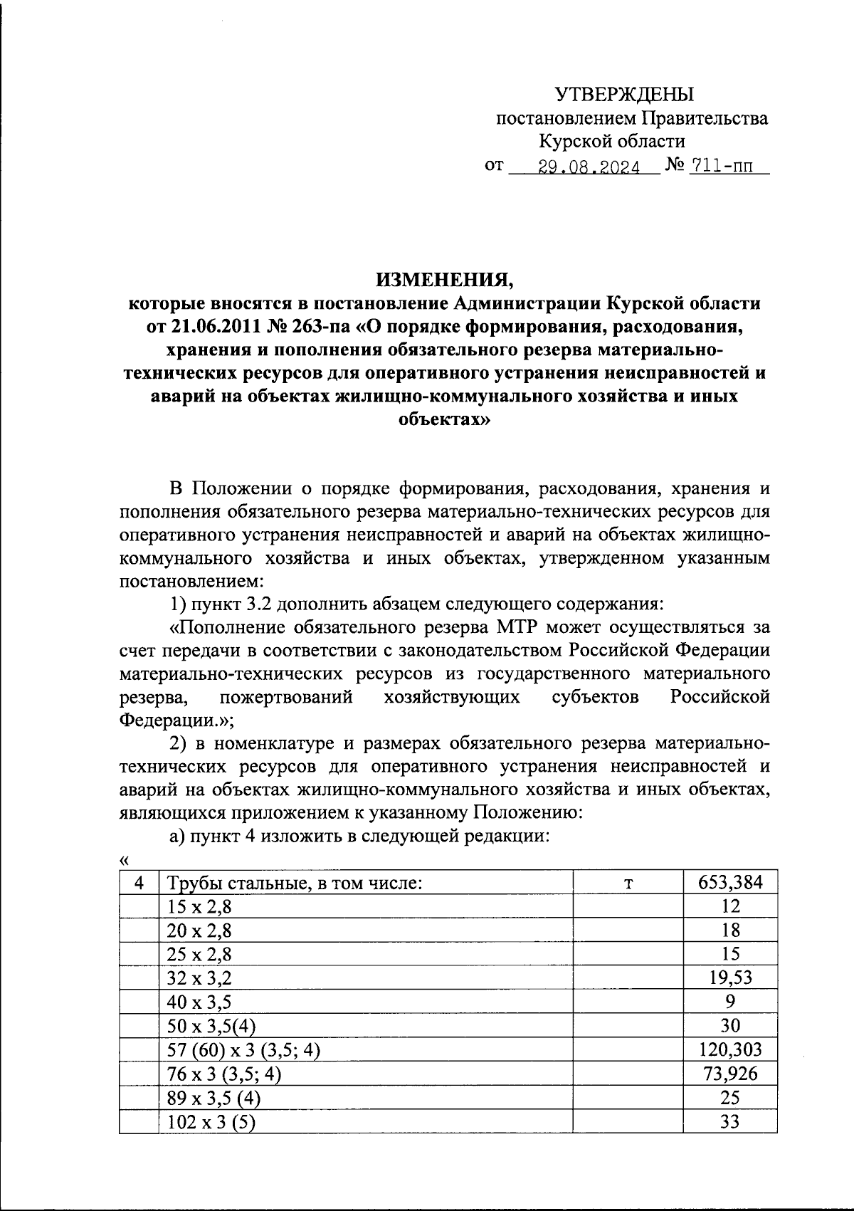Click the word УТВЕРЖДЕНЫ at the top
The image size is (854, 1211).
(x=624, y=93)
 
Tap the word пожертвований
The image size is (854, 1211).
(x=286, y=696)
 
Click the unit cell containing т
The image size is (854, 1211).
(x=628, y=884)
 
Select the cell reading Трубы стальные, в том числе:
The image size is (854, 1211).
(x=295, y=884)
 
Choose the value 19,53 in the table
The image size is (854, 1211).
(x=730, y=977)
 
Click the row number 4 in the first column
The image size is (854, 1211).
(x=139, y=884)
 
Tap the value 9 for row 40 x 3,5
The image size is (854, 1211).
(x=730, y=1002)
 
